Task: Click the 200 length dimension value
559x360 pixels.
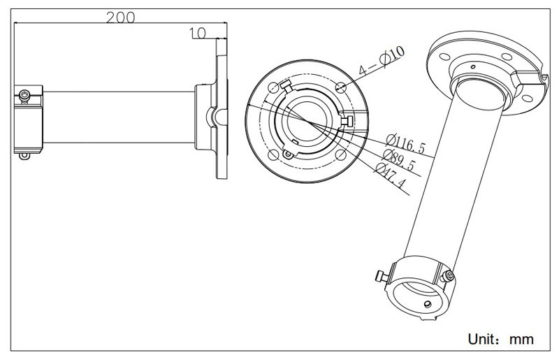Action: pos(121,17)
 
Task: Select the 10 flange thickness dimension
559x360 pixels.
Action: pos(196,32)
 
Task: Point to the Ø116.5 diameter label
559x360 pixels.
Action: pos(405,145)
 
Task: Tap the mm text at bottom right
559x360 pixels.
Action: pos(521,339)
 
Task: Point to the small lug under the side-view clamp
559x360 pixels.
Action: pos(26,156)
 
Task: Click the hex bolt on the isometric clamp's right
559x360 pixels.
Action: pos(450,276)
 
